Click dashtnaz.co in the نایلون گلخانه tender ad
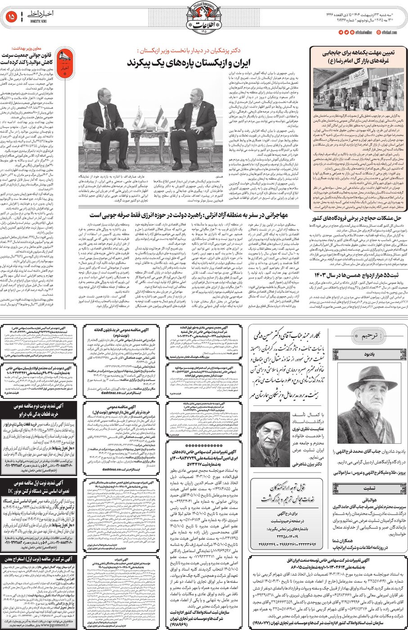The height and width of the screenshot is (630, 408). (115, 392)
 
